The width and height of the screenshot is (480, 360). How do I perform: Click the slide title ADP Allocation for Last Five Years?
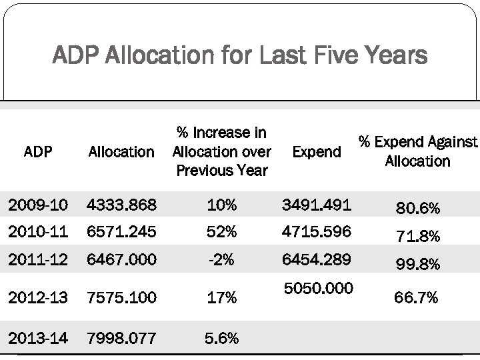click(240, 56)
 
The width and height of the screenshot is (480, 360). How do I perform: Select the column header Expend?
click(317, 152)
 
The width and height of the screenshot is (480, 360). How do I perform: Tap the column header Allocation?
click(121, 152)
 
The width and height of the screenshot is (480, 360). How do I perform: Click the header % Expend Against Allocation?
click(418, 151)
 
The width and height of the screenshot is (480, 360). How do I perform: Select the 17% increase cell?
click(221, 297)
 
